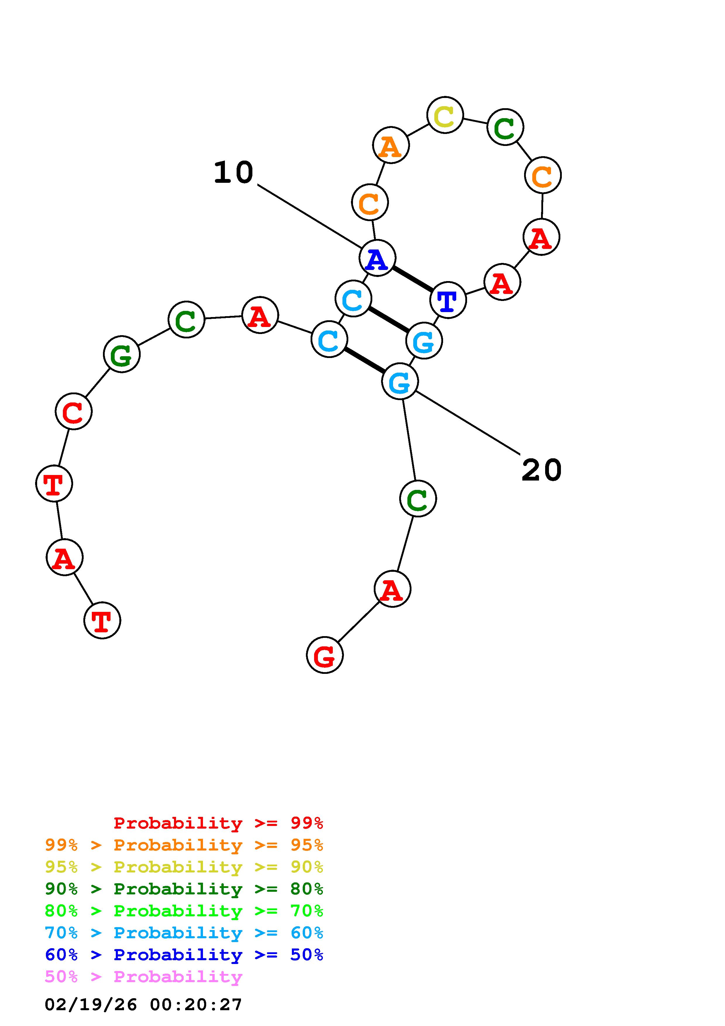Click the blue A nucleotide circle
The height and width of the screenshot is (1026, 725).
[377, 258]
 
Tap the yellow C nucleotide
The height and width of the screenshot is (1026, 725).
[445, 115]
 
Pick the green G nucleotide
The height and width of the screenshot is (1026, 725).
[121, 354]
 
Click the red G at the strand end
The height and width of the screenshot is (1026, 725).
[325, 655]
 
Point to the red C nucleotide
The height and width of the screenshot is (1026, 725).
[74, 411]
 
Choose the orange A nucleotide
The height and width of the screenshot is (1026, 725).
[391, 145]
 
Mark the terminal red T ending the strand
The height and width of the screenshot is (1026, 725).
[102, 620]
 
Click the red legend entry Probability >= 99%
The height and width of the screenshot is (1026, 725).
[218, 823]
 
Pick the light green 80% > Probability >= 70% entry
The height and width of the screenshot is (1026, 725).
[184, 911]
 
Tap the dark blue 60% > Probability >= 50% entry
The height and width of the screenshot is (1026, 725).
[184, 955]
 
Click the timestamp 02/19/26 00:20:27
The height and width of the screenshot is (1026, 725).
[143, 1005]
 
